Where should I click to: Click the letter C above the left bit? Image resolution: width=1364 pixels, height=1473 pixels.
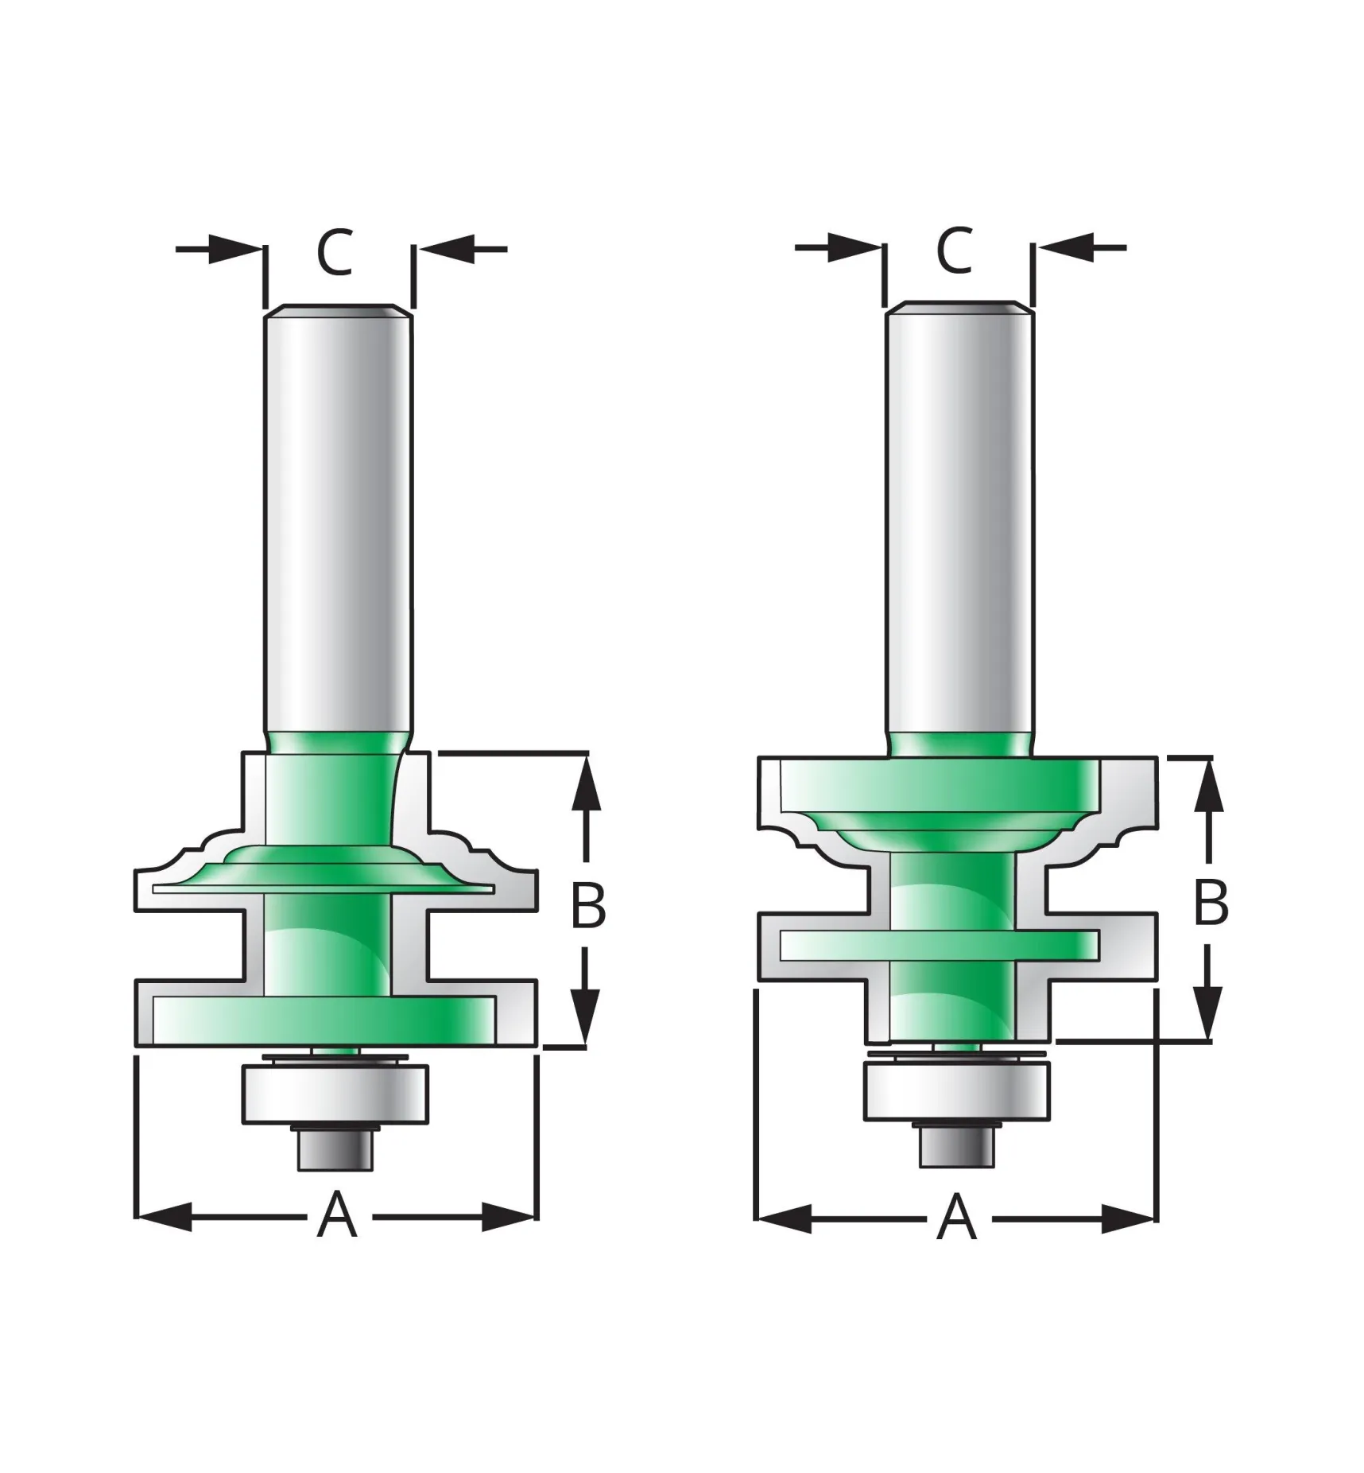[335, 253]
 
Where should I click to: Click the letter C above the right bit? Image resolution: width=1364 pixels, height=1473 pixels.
[954, 251]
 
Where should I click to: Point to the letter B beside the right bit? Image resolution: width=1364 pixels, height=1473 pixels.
[1211, 903]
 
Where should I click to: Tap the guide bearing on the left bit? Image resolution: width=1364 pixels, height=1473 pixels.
[336, 1095]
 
